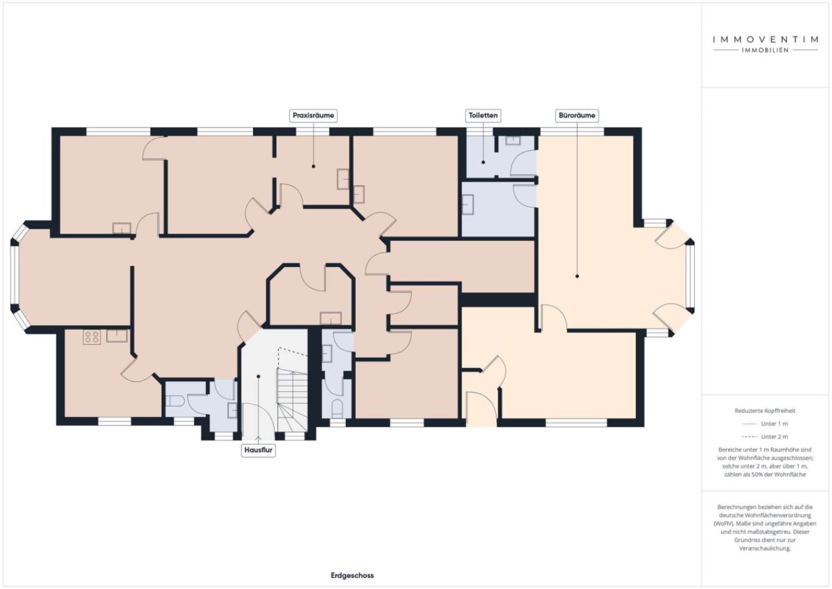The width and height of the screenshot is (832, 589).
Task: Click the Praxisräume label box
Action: tap(313, 116)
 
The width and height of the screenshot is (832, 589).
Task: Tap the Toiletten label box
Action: tap(483, 116)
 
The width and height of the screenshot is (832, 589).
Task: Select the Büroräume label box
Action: tap(577, 116)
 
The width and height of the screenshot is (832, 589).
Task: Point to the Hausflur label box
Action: tap(258, 450)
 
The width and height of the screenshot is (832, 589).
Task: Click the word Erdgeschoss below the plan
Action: tap(352, 576)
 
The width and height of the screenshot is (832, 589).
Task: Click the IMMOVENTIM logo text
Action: tap(765, 39)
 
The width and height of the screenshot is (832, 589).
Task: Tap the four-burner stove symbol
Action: tap(92, 337)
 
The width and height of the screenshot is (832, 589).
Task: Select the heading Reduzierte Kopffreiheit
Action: tap(765, 410)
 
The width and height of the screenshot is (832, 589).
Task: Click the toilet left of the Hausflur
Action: tap(175, 401)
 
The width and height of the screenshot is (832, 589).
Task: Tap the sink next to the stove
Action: tap(117, 336)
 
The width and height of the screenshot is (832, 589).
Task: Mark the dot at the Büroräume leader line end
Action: tap(577, 276)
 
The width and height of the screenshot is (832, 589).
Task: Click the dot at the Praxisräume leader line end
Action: tap(313, 166)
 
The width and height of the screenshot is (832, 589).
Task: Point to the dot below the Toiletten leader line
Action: tap(483, 162)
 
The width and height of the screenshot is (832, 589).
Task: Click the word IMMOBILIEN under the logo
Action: tap(765, 50)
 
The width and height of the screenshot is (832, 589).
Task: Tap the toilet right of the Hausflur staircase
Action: tap(337, 408)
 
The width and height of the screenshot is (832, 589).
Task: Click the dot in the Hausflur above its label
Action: tap(258, 376)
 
